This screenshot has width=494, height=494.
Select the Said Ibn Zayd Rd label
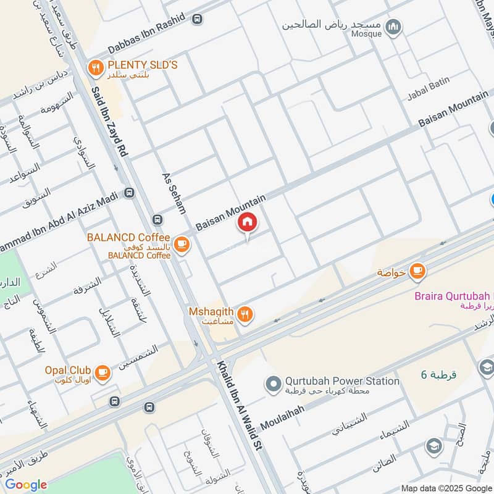pyautogui.click(x=109, y=120)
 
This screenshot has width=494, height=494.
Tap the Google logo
pyautogui.click(x=26, y=485)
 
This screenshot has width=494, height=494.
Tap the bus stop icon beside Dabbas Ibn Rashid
pyautogui.click(x=197, y=20)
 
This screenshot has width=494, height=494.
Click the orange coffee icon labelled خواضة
pyautogui.click(x=418, y=271)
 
